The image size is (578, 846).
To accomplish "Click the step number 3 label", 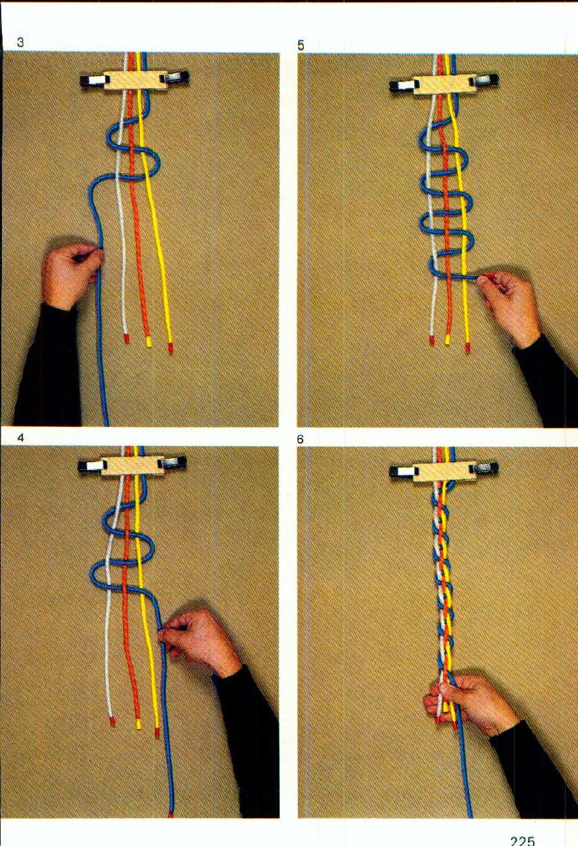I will coord(21,44).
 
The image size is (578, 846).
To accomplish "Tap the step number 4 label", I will coord(21,438).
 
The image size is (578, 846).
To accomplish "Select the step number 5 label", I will coord(301,46).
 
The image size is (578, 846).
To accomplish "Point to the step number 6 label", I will coord(301,440).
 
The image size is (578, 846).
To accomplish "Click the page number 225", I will coord(522,840).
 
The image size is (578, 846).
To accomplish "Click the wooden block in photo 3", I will coord(134,80).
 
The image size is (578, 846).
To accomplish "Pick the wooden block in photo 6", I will coord(445,470).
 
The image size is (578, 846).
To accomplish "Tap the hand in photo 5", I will coord(511,306).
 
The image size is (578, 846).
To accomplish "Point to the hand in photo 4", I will coord(199,641).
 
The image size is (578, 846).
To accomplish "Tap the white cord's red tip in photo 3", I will coord(126,338).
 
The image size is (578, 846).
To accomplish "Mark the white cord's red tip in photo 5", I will coord(432,340).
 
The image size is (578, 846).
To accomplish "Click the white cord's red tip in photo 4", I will coord(112,721).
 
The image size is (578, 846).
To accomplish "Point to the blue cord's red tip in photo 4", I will coord(171,814).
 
